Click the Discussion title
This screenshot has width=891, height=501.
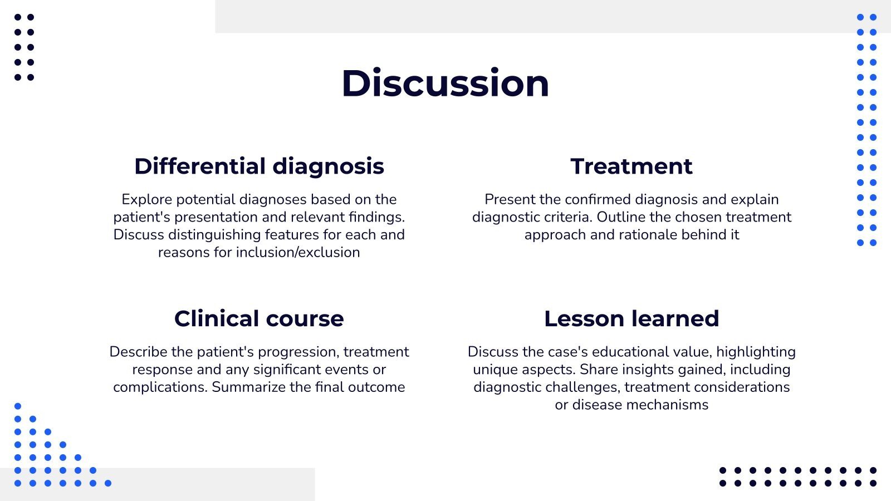click(x=445, y=83)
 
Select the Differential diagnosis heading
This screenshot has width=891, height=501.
click(x=259, y=166)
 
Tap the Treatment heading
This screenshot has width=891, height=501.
click(x=631, y=166)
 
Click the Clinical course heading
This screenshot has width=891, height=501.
click(x=259, y=318)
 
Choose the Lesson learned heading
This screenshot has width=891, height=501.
click(x=631, y=318)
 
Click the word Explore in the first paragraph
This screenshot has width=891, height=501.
click(x=143, y=199)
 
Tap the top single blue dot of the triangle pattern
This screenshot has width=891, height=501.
click(x=18, y=406)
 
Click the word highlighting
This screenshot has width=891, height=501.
click(x=756, y=352)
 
